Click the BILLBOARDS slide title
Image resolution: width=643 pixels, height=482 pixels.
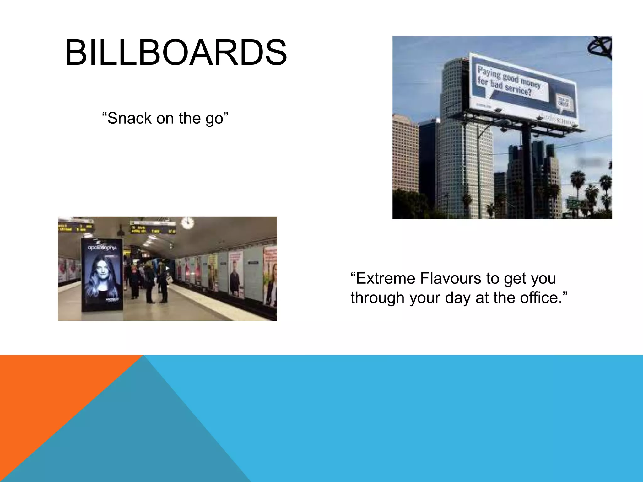176,53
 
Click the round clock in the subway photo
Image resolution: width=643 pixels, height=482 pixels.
187,223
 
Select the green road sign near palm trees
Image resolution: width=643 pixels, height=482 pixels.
573,203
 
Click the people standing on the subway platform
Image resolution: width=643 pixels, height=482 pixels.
148,282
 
